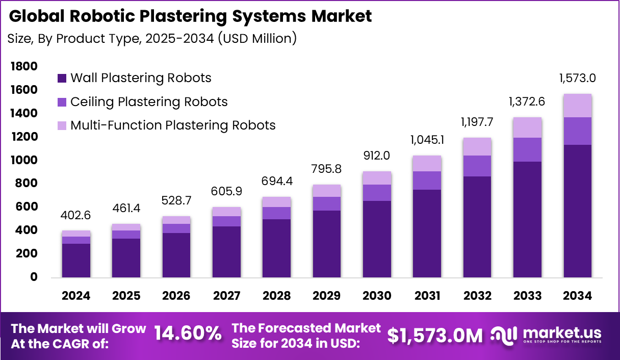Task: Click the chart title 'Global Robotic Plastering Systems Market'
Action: point(190,16)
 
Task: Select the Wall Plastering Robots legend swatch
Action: point(62,79)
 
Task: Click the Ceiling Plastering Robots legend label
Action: point(149,102)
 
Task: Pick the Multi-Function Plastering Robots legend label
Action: point(173,125)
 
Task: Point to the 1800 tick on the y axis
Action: point(23,66)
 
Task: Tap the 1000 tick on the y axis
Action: point(23,160)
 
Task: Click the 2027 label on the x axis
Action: point(226,296)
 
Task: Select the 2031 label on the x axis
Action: point(427,296)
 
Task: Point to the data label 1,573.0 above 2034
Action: point(577,79)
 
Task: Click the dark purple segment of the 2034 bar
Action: point(577,211)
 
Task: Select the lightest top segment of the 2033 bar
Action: point(527,127)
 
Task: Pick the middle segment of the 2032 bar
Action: point(477,166)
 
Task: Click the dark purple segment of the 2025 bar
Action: point(126,258)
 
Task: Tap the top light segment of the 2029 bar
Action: point(327,191)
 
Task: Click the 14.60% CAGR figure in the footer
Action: point(188,334)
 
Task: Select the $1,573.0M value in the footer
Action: point(434,335)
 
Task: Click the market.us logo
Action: point(546,335)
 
